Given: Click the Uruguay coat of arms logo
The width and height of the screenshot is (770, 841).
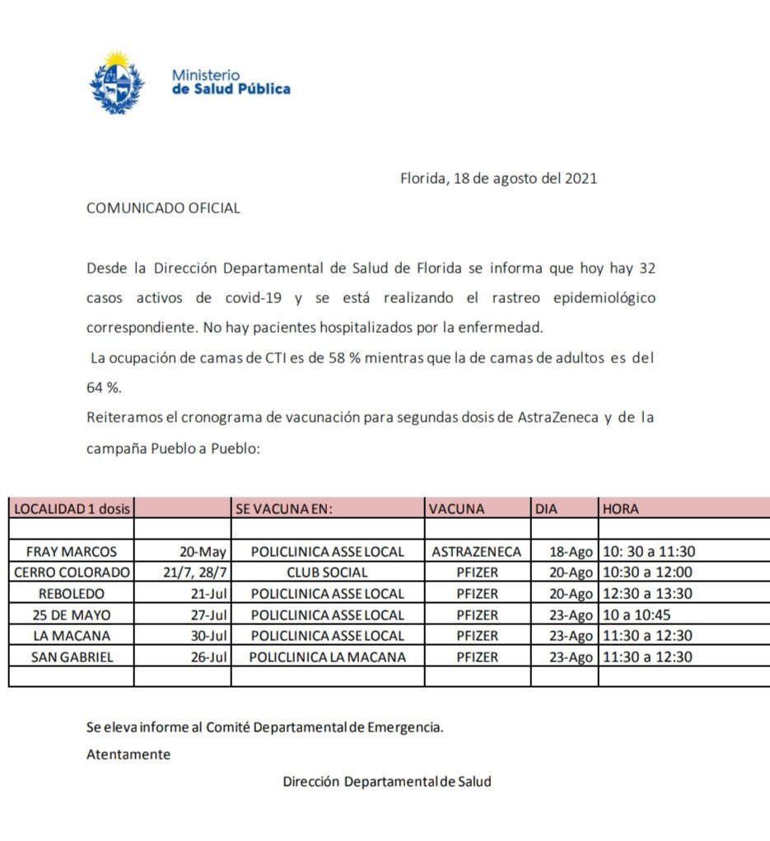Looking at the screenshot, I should (117, 82).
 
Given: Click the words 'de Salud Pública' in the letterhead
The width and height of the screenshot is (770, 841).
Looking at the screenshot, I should (231, 89).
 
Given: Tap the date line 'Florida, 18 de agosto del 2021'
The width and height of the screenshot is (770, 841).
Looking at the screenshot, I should (498, 178).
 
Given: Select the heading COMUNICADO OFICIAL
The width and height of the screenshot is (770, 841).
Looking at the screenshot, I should (163, 208).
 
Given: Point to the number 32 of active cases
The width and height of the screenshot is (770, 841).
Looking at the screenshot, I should (646, 269).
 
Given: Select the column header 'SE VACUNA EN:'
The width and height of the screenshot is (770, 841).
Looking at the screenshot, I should (283, 509).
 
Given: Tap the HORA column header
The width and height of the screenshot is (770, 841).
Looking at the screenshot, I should (621, 509).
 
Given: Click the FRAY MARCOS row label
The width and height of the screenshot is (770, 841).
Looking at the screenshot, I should (72, 551).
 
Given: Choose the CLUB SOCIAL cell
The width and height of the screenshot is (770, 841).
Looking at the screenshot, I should (328, 572).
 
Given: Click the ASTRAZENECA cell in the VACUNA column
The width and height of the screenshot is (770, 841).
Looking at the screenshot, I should (476, 551).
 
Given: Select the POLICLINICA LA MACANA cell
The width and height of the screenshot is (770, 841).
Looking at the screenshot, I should (328, 656).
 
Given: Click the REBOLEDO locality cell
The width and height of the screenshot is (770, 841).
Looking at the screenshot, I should (72, 593).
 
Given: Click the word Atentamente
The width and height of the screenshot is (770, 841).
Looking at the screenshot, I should (128, 754).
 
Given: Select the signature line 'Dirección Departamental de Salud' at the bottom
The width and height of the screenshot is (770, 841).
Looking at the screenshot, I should (386, 782).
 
